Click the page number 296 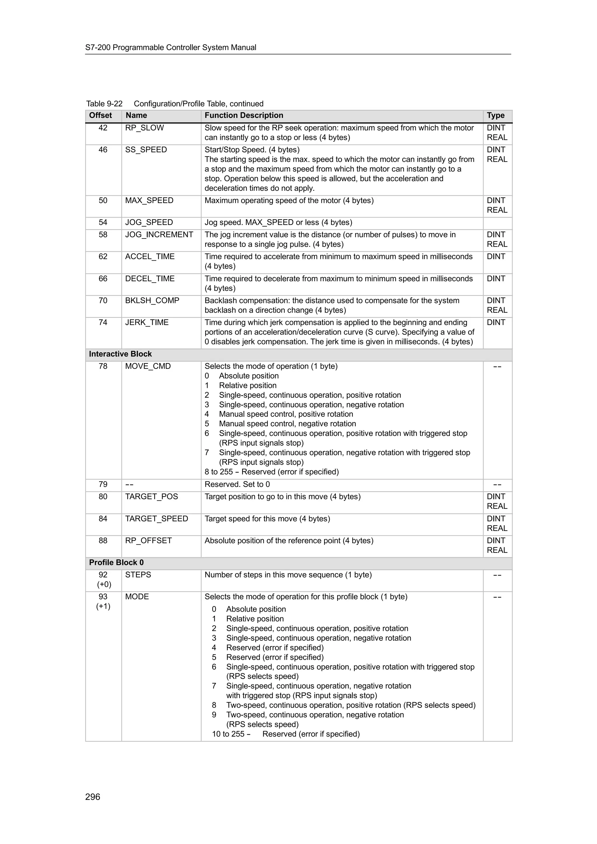[93, 797]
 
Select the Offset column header [100, 115]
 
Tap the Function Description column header [244, 115]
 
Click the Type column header [496, 115]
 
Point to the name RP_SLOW [145, 128]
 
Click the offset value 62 [103, 257]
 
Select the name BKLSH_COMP [152, 300]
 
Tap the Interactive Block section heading [120, 354]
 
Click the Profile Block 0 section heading [116, 562]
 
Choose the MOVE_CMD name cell [148, 366]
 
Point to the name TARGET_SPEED [156, 519]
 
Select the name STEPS [138, 575]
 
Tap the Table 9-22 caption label [104, 104]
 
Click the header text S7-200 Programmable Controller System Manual [171, 47]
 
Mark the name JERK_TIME [147, 322]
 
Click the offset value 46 [103, 150]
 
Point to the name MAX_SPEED [149, 200]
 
